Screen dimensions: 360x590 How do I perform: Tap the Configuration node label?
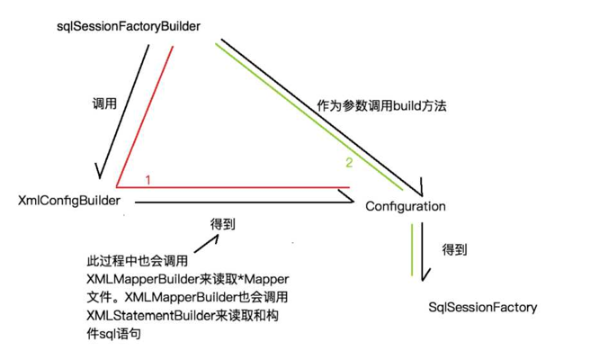click(406, 206)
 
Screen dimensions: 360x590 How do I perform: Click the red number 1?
click(147, 179)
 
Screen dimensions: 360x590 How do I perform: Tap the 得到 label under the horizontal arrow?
click(223, 225)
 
